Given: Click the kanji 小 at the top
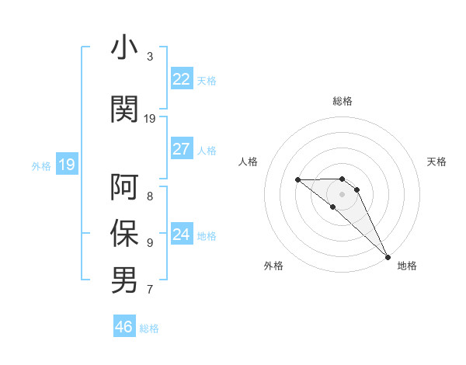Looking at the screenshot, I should pyautogui.click(x=124, y=47).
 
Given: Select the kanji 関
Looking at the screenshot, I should pyautogui.click(x=124, y=109).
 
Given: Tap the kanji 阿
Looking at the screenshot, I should pyautogui.click(x=124, y=187).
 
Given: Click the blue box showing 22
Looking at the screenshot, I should pyautogui.click(x=181, y=79).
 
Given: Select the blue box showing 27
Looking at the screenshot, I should pyautogui.click(x=181, y=149).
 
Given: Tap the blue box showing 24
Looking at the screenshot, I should pyautogui.click(x=181, y=234).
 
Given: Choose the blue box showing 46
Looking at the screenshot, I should pyautogui.click(x=124, y=326).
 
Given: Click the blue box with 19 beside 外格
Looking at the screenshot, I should pyautogui.click(x=66, y=164).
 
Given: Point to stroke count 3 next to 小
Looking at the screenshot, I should pyautogui.click(x=150, y=57).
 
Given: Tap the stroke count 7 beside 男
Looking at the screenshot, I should pyautogui.click(x=150, y=290).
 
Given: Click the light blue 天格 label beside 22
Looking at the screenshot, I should pyautogui.click(x=207, y=80).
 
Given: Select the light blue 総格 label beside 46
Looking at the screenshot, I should pyautogui.click(x=149, y=328).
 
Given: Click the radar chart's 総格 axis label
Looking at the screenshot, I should pyautogui.click(x=343, y=101).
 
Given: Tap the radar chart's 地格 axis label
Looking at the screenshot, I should pyautogui.click(x=407, y=266).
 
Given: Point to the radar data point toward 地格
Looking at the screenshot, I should pyautogui.click(x=388, y=256).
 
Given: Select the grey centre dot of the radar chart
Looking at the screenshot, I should pyautogui.click(x=343, y=193).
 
